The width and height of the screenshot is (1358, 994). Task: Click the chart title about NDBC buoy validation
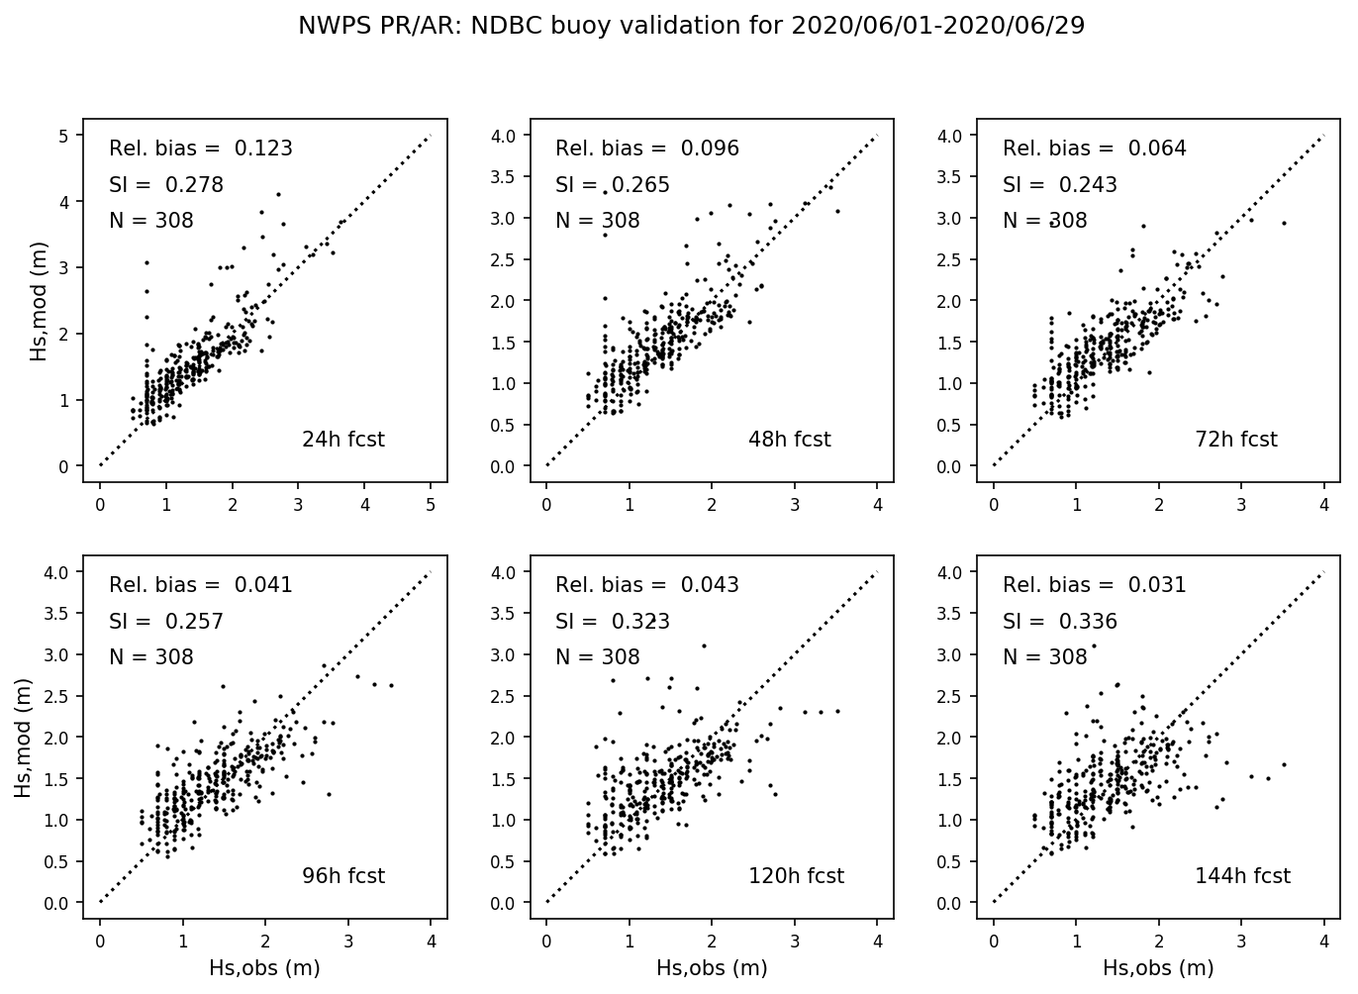pyautogui.click(x=691, y=27)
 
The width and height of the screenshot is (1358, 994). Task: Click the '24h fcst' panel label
pyautogui.click(x=342, y=440)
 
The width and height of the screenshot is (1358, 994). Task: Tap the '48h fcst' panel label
pyautogui.click(x=789, y=440)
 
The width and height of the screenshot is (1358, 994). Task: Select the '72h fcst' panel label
pyautogui.click(x=1236, y=440)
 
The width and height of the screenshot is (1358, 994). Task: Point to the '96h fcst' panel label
pyautogui.click(x=342, y=876)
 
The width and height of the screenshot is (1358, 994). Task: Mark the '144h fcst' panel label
pyautogui.click(x=1242, y=876)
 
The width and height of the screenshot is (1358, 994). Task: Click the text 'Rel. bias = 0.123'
pyautogui.click(x=201, y=149)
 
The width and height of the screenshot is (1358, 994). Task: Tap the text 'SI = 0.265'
pyautogui.click(x=613, y=185)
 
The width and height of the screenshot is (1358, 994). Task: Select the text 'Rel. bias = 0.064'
pyautogui.click(x=1095, y=149)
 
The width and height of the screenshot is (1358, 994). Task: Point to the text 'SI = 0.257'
pyautogui.click(x=166, y=622)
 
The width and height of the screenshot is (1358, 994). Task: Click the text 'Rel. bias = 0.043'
pyautogui.click(x=647, y=585)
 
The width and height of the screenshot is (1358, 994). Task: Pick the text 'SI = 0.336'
pyautogui.click(x=1060, y=622)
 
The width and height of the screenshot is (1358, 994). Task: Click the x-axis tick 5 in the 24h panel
pyautogui.click(x=431, y=504)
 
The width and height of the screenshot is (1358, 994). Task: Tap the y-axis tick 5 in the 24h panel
pyautogui.click(x=63, y=136)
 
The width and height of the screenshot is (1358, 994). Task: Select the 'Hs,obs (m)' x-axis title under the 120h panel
pyautogui.click(x=712, y=968)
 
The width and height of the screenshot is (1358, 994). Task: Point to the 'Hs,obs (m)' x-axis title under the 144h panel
pyautogui.click(x=1158, y=968)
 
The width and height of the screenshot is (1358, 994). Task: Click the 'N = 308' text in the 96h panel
pyautogui.click(x=151, y=657)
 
